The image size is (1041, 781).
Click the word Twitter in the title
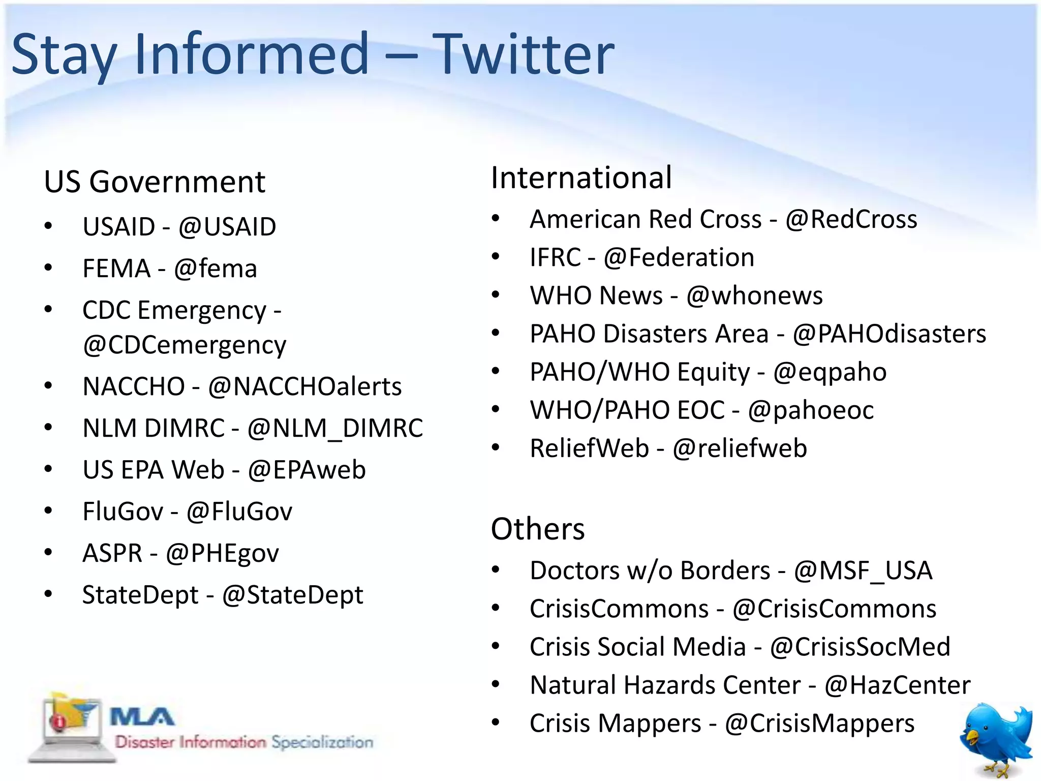(x=524, y=54)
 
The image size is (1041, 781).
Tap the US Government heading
(x=155, y=182)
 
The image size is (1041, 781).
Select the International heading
(x=581, y=177)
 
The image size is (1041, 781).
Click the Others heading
(x=538, y=529)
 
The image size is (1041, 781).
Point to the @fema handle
(x=216, y=268)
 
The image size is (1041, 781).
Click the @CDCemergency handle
(x=185, y=345)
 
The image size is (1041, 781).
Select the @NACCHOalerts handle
(x=305, y=386)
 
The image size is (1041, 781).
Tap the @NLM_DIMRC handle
(x=335, y=428)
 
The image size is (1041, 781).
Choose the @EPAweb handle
(x=307, y=470)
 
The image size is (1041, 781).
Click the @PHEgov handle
(x=222, y=553)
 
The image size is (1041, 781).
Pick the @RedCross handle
(x=851, y=220)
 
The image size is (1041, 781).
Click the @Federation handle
(x=679, y=257)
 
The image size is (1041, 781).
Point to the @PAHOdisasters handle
(x=889, y=334)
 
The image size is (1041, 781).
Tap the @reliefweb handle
(x=740, y=448)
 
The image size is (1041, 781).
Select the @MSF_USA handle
(x=863, y=570)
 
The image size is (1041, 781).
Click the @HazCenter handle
(x=897, y=685)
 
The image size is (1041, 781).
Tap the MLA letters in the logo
(x=142, y=717)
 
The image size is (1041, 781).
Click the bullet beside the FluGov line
(x=48, y=511)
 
